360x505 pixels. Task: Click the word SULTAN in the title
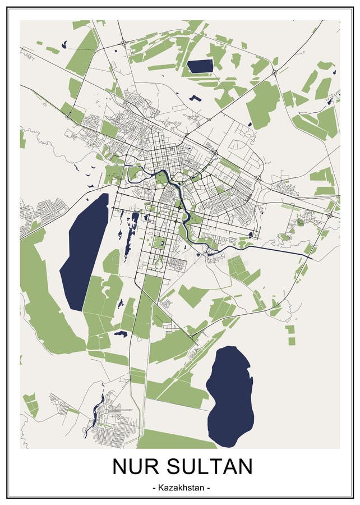point(214,466)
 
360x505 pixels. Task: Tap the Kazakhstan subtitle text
point(180,488)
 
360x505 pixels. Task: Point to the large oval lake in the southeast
point(230,396)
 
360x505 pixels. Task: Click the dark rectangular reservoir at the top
point(200,66)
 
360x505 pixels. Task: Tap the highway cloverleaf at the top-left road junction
point(123,43)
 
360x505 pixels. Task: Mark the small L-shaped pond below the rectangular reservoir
point(195,98)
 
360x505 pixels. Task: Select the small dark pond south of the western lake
point(120,334)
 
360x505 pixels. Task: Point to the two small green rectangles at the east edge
point(290,334)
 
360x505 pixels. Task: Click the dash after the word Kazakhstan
point(209,488)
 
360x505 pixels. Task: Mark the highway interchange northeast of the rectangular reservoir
point(274,72)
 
